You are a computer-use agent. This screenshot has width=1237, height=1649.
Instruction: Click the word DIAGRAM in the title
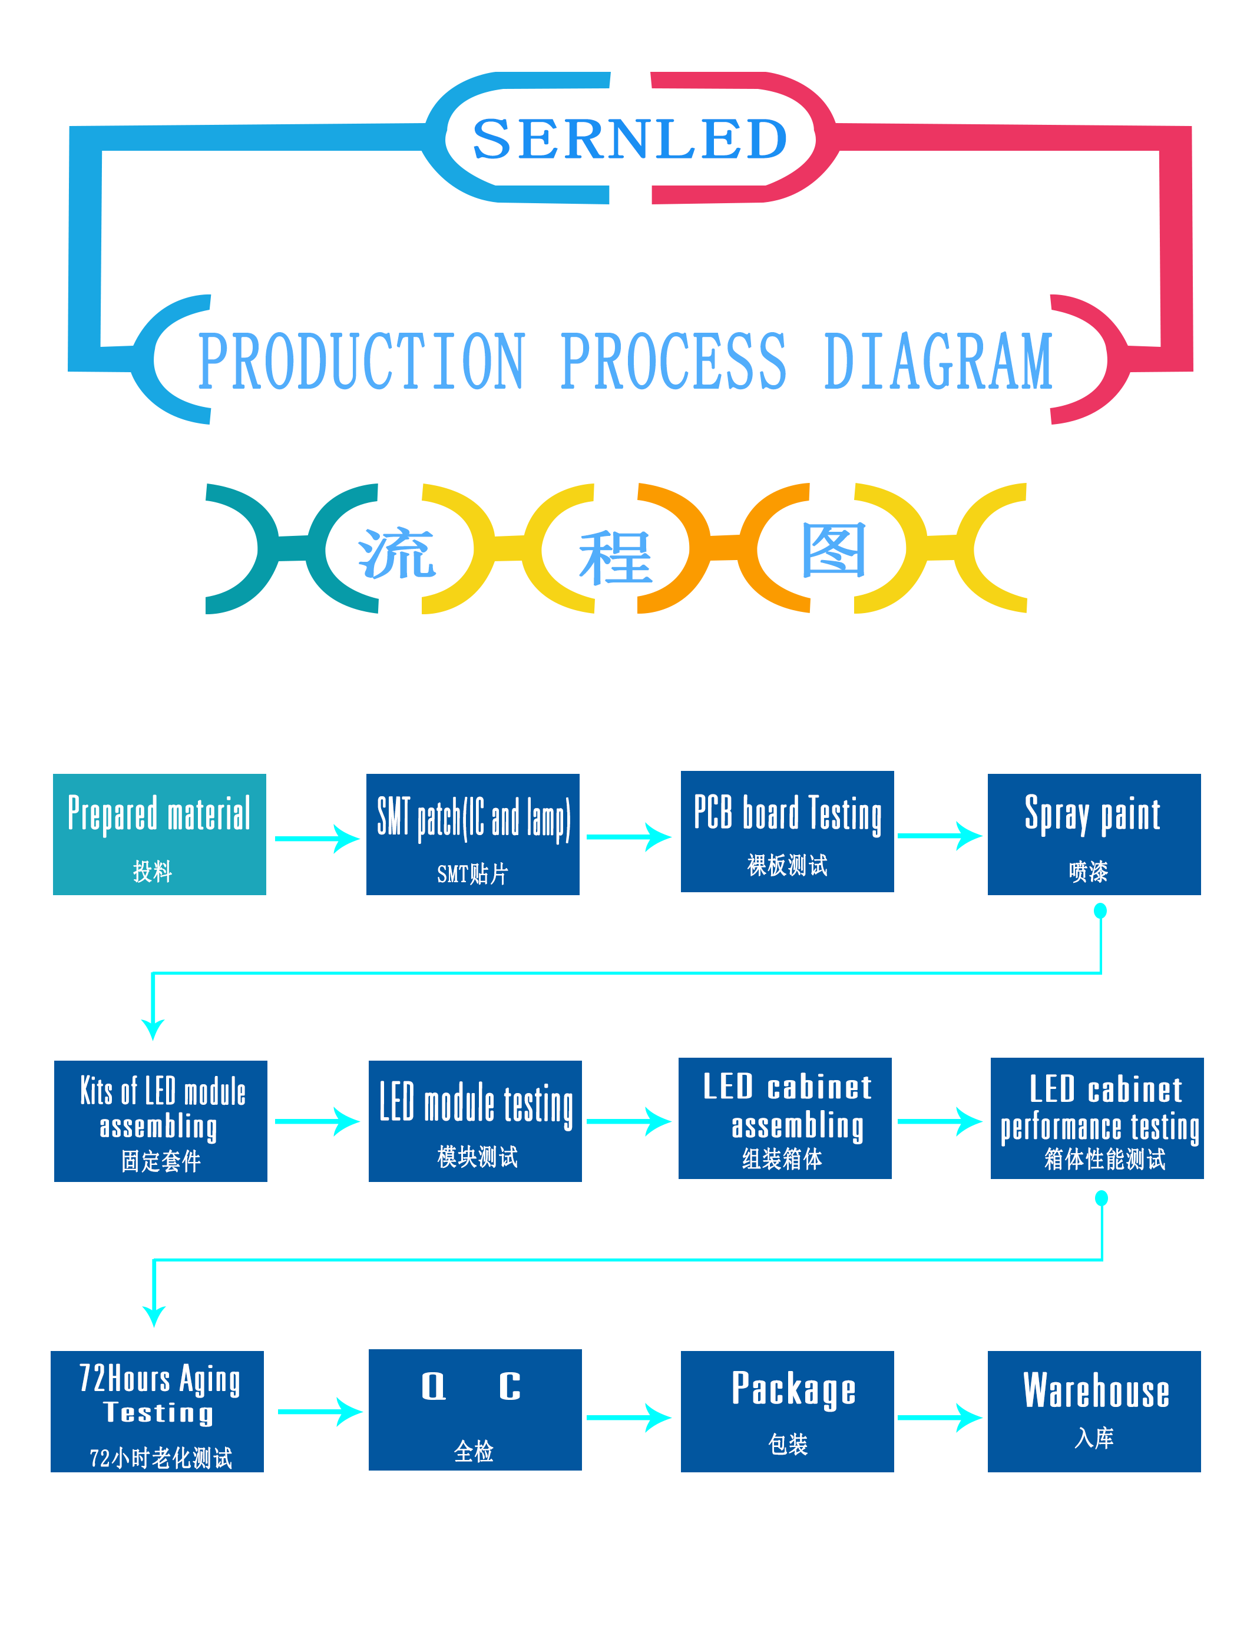938,362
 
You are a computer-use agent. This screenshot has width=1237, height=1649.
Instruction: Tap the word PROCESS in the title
673,362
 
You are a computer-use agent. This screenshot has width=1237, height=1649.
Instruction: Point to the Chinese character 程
616,558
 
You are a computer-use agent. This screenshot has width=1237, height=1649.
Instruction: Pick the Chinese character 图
834,549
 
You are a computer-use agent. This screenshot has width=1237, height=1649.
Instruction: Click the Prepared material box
160,834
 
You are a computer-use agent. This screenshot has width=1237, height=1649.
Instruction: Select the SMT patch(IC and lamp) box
473,834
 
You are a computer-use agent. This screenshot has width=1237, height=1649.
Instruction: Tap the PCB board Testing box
788,831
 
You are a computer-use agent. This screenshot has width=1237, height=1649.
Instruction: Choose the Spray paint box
1094,834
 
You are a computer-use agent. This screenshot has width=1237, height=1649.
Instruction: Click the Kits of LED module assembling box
161,1121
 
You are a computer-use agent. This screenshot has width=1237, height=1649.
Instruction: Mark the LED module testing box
475,1121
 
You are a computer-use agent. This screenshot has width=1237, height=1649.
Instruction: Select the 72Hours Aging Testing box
157,1411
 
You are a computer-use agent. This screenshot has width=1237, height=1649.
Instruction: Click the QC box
475,1410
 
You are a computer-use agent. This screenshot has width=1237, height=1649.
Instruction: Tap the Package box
788,1411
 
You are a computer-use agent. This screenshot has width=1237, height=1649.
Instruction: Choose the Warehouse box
1094,1411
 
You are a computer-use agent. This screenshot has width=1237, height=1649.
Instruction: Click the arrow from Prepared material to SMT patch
317,839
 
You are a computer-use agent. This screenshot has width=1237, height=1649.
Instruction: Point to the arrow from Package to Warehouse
940,1417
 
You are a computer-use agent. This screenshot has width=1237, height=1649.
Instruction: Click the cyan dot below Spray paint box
1100,910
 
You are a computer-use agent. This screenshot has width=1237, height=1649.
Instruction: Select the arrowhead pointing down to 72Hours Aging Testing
154,1316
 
